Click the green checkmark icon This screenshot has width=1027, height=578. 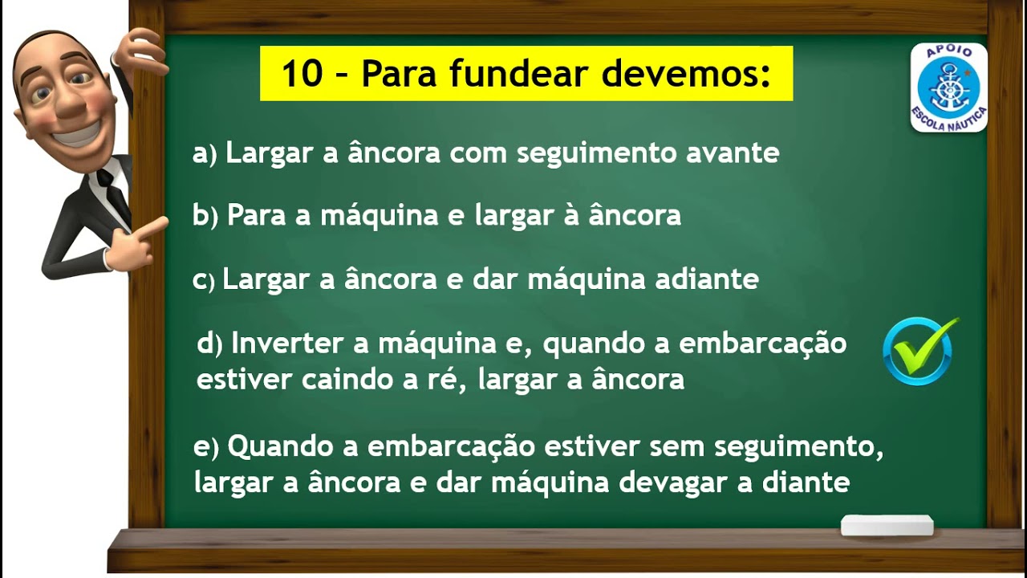919,351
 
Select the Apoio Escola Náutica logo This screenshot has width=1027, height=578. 948,88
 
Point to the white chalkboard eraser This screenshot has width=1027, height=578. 887,526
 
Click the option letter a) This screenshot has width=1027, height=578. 205,153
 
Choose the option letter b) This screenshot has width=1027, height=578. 205,216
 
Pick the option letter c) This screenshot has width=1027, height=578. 204,281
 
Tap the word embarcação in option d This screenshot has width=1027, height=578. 762,344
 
